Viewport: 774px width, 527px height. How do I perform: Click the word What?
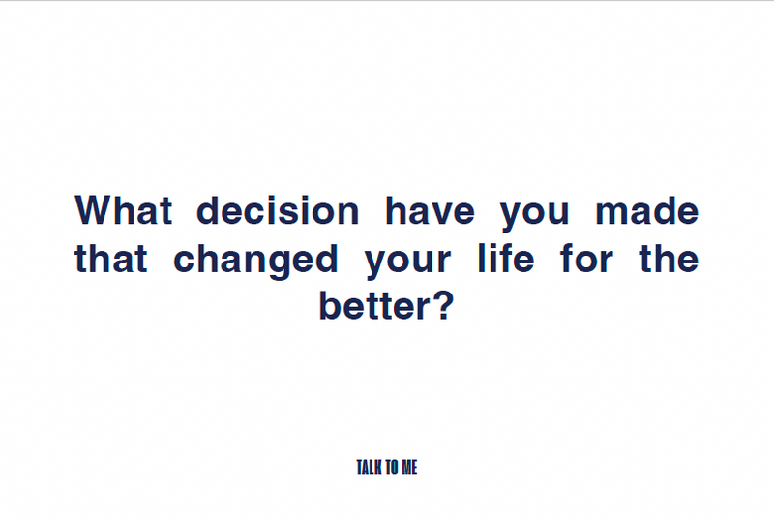click(124, 210)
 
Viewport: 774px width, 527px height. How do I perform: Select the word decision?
click(278, 210)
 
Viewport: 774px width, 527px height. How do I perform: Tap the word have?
click(430, 210)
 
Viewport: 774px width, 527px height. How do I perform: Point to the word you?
click(535, 214)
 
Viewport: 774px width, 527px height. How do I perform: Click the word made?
click(646, 210)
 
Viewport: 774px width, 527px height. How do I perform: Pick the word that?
click(110, 258)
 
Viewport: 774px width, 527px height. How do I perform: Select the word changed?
click(255, 261)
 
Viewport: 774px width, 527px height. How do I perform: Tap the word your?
click(407, 263)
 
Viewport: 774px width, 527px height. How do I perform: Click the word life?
click(506, 258)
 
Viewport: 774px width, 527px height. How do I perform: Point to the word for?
click(586, 258)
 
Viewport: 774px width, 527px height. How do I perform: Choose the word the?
click(669, 258)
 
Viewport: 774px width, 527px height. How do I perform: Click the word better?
click(375, 305)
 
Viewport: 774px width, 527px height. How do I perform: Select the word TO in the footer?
click(393, 467)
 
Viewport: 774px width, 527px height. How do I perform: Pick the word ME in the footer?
click(409, 467)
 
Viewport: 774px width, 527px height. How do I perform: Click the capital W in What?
click(96, 210)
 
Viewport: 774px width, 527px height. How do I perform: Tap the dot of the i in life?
click(492, 246)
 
